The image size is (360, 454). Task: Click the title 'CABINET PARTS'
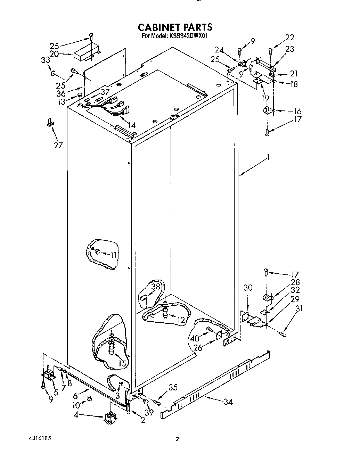(175, 27)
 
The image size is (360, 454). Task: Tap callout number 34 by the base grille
(228, 402)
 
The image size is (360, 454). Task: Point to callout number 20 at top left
(54, 54)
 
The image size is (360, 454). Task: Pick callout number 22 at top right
(289, 38)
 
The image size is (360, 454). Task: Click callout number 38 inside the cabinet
(156, 287)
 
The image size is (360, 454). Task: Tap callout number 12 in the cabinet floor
(181, 320)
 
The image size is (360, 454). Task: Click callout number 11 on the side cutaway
(114, 255)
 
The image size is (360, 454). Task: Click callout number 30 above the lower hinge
(248, 288)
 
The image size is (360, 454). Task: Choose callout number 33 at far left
(46, 60)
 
